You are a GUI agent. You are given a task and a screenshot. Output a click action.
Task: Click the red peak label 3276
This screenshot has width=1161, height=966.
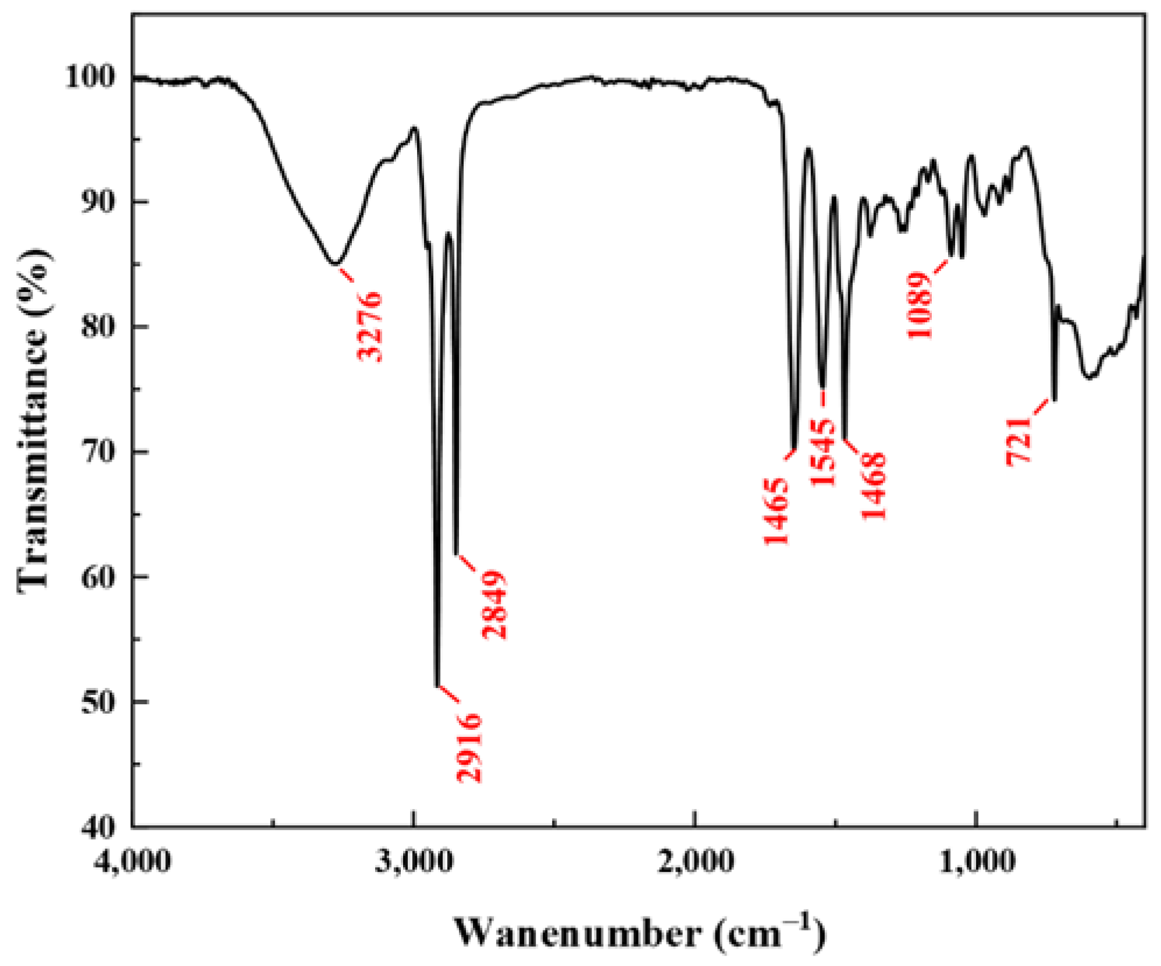point(370,326)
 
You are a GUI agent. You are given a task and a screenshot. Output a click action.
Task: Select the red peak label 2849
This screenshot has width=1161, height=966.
point(494,604)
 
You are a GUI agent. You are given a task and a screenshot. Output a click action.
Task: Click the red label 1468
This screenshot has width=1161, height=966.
point(873,486)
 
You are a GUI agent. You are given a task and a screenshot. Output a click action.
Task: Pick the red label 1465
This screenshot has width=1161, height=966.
point(776,511)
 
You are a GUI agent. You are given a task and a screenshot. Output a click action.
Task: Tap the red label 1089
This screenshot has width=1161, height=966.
point(920,305)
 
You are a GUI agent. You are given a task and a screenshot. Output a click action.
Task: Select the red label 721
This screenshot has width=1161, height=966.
point(1019,440)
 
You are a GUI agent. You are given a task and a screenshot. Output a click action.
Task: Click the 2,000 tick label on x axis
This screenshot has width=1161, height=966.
point(695,861)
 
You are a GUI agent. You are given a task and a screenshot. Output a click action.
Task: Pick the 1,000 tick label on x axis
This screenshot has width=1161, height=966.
point(977,861)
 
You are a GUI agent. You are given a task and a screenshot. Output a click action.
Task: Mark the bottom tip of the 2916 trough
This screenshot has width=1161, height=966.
point(437,686)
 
